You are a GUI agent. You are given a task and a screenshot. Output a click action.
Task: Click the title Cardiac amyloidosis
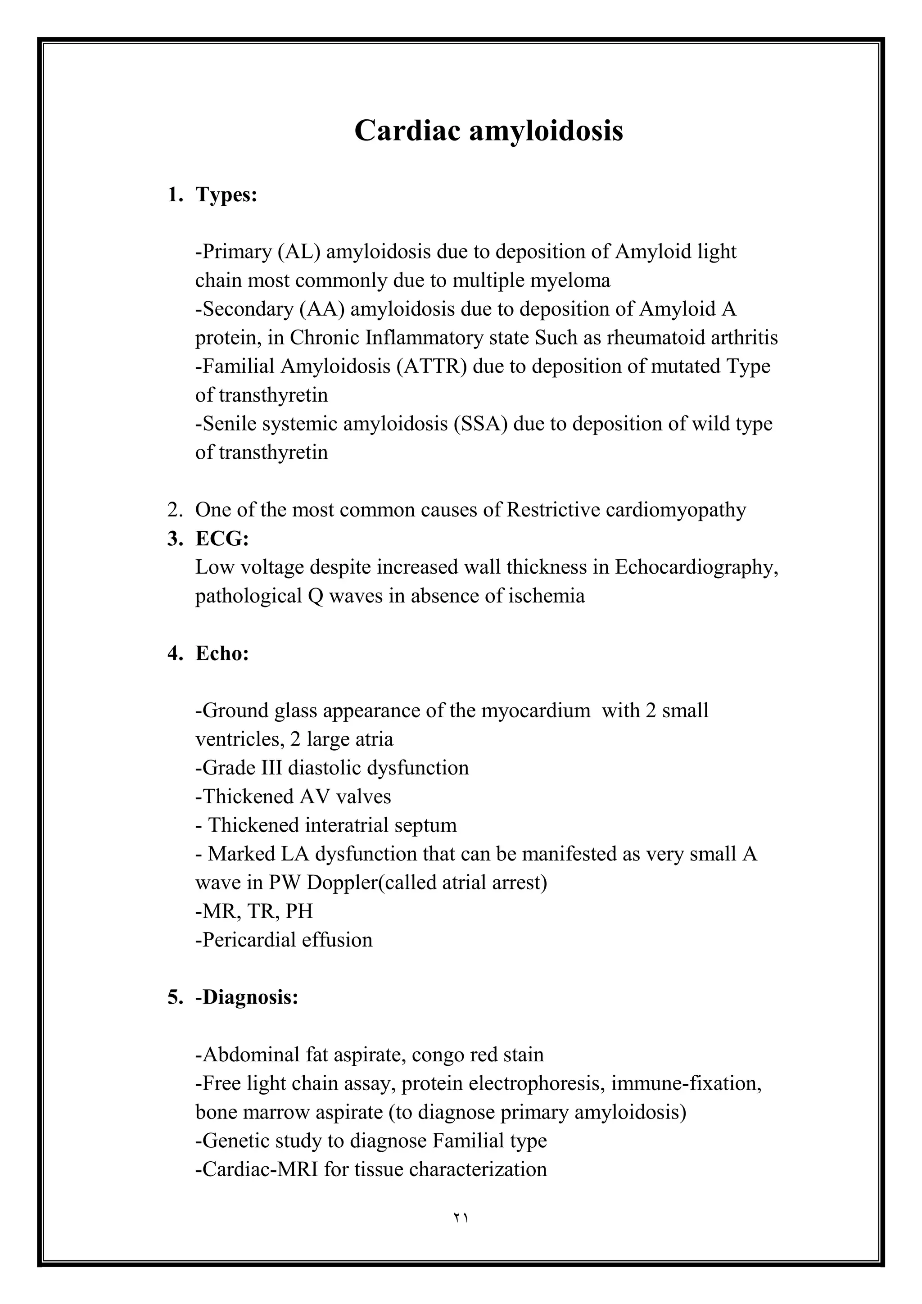point(488,131)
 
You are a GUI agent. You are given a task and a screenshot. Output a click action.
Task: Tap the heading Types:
point(226,195)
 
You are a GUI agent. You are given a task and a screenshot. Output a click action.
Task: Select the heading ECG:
point(222,539)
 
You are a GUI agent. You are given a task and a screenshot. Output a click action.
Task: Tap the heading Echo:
point(222,653)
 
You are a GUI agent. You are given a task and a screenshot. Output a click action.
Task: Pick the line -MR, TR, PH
point(254,911)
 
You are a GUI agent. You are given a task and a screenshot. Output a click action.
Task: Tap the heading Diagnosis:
point(250,997)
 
